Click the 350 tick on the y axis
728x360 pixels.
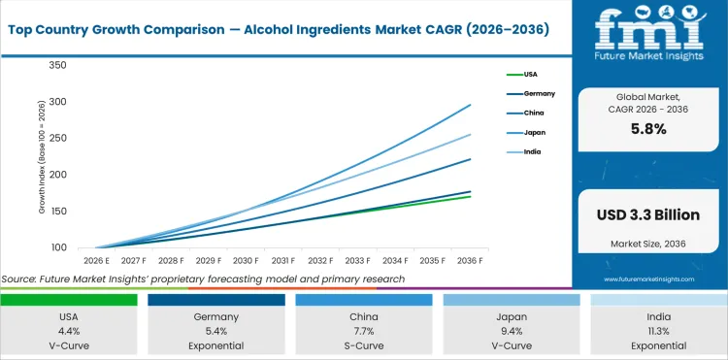tap(56, 65)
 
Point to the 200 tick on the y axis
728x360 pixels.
tap(56, 175)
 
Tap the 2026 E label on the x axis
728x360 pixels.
tap(95, 260)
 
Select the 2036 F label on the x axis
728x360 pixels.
tap(472, 260)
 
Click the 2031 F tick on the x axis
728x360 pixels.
tap(283, 260)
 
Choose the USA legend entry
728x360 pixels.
tap(531, 74)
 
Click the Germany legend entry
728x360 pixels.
tap(539, 93)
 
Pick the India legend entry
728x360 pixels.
tap(532, 152)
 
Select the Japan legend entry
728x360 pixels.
tap(533, 133)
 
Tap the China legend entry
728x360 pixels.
tap(533, 113)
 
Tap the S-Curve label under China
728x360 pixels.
tap(364, 344)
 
